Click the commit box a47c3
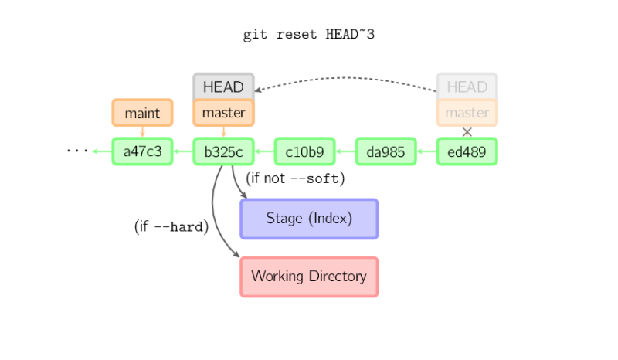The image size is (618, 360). point(142,151)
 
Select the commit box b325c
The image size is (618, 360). point(223,151)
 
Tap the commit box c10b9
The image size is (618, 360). point(304,151)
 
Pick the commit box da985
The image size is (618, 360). point(385,151)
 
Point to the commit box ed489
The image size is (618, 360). point(467,151)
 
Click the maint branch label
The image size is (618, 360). point(142,114)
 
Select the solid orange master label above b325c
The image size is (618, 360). point(223,114)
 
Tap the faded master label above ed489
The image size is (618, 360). point(467,114)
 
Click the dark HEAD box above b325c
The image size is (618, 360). point(223,87)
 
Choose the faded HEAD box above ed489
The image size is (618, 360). point(467,87)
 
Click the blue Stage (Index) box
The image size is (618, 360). point(309,219)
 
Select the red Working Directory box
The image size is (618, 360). point(309,277)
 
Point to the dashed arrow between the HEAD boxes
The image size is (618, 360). point(348,78)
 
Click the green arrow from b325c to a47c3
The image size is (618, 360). point(183,151)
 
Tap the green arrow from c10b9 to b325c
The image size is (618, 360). point(264,151)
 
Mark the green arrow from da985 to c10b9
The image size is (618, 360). point(345,151)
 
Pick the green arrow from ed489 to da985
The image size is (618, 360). point(426,151)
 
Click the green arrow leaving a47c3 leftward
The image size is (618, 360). point(101,151)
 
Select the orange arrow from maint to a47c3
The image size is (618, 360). point(142,132)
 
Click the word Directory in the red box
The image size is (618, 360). point(338,277)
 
